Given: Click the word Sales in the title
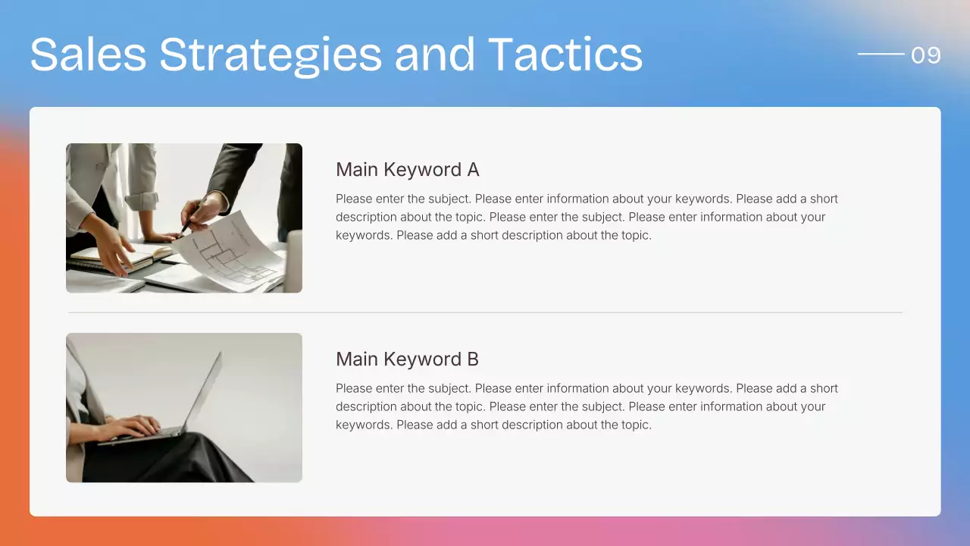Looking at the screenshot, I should pos(88,55).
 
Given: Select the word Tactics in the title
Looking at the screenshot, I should pos(565,55).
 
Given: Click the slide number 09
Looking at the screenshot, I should pos(925,55).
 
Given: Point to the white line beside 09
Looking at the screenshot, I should pos(881,54).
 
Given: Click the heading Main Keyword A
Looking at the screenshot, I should pos(407,169).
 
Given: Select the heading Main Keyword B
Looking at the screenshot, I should pos(407,359).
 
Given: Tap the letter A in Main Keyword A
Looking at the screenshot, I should pos(473,169).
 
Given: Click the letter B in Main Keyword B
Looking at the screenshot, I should pos(473,359).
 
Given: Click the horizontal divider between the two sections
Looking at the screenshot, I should pos(485,312).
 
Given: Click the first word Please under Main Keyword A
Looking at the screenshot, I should pos(354,199).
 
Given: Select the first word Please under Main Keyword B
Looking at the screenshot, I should pos(354,388).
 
